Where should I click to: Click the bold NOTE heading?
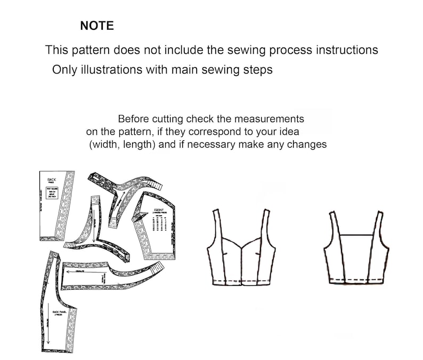pyautogui.click(x=96, y=26)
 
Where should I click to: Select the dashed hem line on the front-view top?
pyautogui.click(x=243, y=281)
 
